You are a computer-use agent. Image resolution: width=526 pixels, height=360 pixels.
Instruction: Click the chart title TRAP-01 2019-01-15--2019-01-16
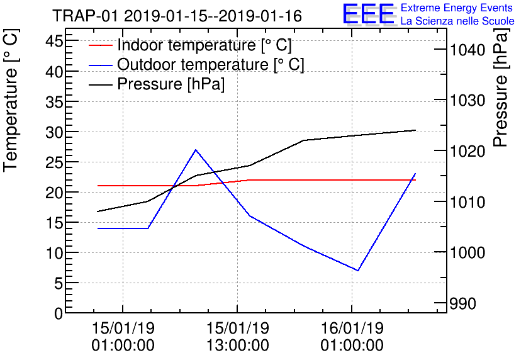[177, 16]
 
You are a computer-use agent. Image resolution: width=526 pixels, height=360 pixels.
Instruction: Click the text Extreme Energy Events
[457, 8]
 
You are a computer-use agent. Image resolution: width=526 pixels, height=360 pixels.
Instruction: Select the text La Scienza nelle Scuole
[457, 21]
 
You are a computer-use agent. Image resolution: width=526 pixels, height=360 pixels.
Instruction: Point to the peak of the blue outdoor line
[196, 150]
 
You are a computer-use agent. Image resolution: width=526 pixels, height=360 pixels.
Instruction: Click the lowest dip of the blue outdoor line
[358, 271]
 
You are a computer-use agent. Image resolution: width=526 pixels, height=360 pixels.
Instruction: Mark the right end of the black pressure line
[415, 130]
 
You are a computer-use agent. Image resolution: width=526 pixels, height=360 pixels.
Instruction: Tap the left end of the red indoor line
[98, 186]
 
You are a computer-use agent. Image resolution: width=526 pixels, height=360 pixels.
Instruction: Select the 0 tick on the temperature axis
[58, 313]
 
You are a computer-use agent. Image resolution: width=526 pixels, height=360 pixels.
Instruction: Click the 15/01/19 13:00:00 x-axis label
[237, 337]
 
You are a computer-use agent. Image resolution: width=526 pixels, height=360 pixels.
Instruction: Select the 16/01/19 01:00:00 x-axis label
[352, 337]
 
